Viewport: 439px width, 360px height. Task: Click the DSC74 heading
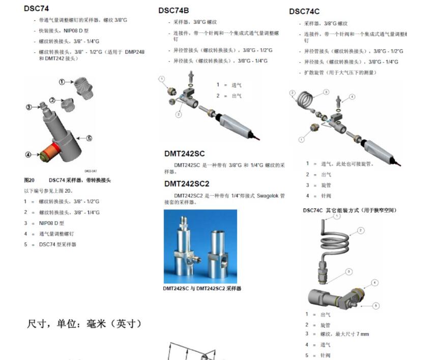tap(36, 9)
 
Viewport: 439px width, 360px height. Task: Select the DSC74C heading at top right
tap(304, 11)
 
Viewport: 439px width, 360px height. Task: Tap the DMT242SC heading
tap(184, 154)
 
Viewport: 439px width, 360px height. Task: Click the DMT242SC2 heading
tap(187, 184)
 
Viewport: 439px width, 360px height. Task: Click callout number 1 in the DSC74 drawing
tap(62, 82)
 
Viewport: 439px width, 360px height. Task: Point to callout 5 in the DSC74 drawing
tap(89, 138)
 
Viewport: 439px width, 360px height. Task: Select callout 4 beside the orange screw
tap(28, 155)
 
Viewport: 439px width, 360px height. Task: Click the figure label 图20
tap(29, 180)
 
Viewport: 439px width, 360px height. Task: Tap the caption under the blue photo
tap(202, 288)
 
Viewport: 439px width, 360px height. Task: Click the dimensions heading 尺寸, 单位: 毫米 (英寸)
tap(84, 323)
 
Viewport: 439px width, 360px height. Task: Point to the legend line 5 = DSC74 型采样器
tap(57, 245)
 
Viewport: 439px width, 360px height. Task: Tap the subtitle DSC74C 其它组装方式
tap(349, 210)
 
